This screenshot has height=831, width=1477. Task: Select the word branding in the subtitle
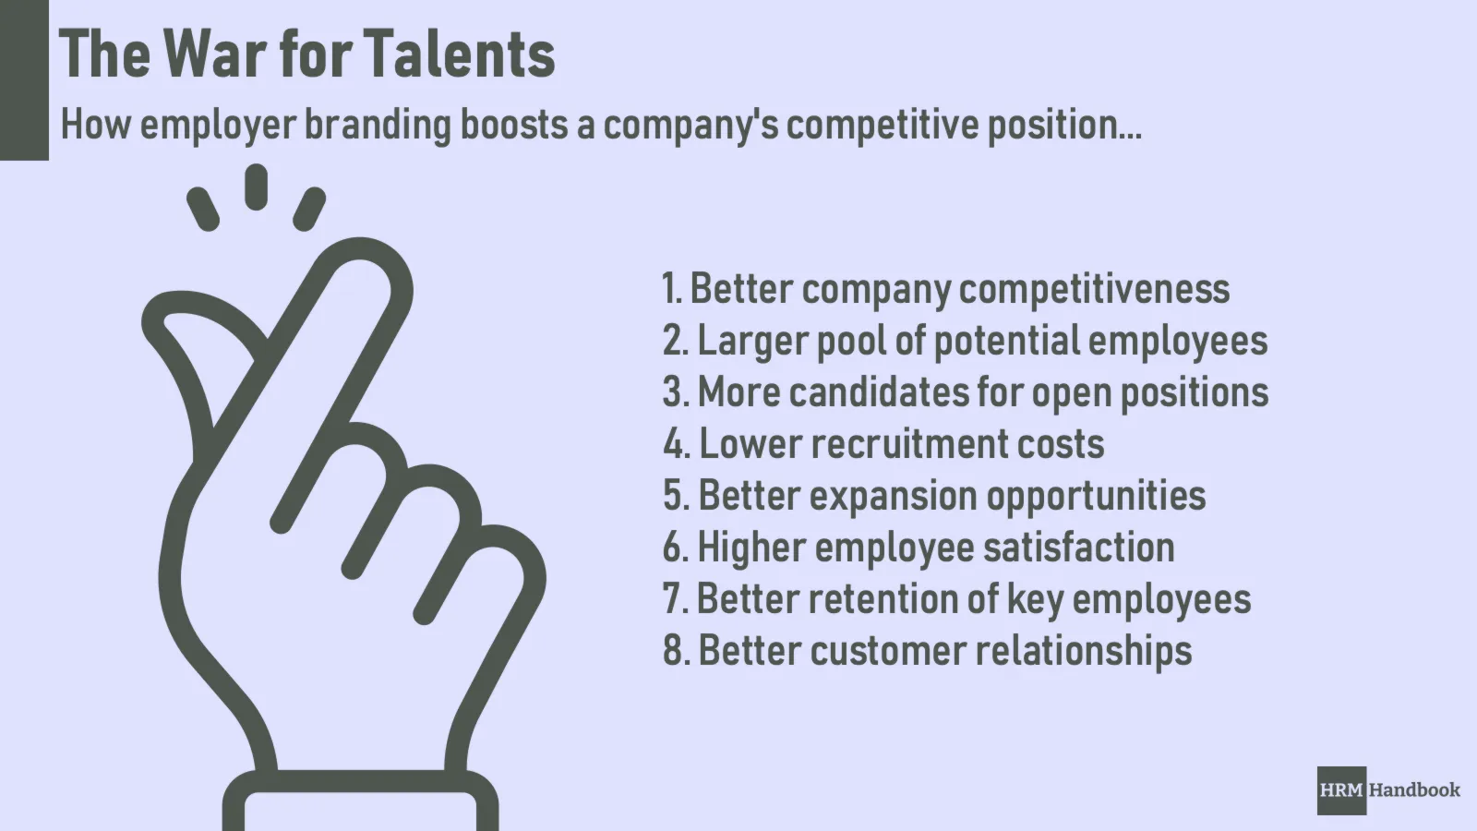tap(378, 126)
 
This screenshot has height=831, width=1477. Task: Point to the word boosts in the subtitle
tap(513, 125)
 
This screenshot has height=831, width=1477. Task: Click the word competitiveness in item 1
tap(1094, 290)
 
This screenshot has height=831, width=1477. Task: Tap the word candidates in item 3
tap(878, 391)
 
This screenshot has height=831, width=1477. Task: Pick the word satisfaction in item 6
tap(1079, 547)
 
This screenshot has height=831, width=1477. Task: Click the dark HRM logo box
tap(1342, 790)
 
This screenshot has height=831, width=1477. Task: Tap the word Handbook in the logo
tap(1415, 790)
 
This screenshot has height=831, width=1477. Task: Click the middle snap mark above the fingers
tap(256, 187)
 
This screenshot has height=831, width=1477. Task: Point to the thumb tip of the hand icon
tap(158, 317)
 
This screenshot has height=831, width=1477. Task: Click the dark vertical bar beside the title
tap(24, 79)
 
